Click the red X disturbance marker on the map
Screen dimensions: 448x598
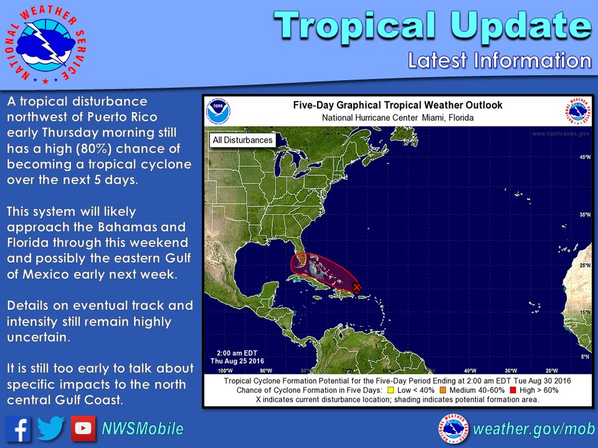356,287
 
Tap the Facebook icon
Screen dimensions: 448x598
18,428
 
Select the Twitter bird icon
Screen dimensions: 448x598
50,428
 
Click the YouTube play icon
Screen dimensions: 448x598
83,428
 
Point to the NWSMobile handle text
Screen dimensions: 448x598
143,429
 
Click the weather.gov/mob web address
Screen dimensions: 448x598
534,429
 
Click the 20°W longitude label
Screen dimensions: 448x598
550,371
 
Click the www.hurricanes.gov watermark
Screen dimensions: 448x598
561,134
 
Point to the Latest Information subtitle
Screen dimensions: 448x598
499,60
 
